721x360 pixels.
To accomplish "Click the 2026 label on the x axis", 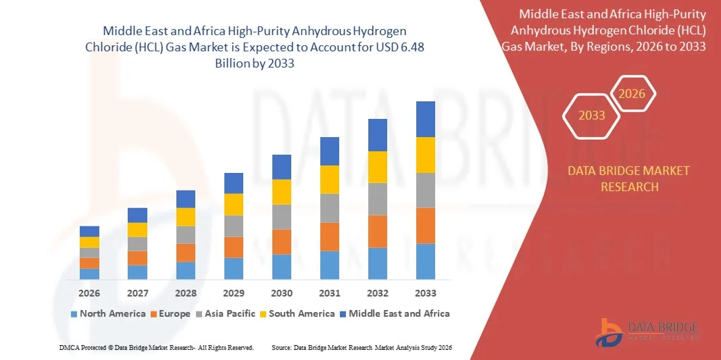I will point(89,293).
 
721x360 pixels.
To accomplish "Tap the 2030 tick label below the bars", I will point(282,293).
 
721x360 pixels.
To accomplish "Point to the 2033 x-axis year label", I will point(426,293).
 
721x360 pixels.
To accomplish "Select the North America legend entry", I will point(108,313).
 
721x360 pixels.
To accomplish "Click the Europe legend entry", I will point(171,313).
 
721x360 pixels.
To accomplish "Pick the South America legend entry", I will point(297,313).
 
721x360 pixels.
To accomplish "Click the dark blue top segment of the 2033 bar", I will point(426,119).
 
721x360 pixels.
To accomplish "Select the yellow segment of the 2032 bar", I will point(378,167).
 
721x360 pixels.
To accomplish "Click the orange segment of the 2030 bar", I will point(282,242).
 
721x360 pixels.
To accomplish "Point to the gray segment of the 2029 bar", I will point(234,226).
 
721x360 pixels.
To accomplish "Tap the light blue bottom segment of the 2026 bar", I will point(89,274).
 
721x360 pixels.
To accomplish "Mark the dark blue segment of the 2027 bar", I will point(137,215).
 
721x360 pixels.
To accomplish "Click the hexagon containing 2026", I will point(632,94).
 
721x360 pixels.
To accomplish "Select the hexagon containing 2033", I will point(591,115).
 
